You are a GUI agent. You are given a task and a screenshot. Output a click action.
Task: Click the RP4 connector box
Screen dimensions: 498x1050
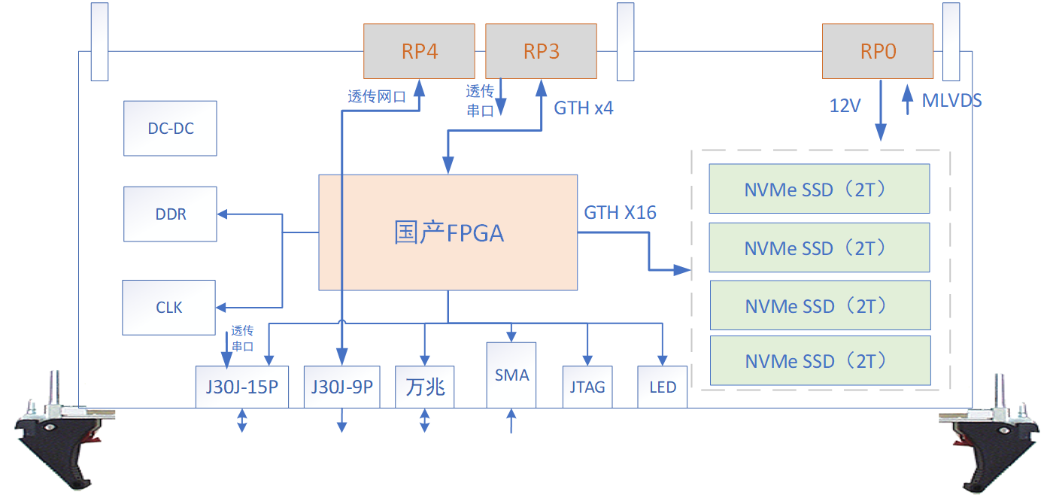click(419, 51)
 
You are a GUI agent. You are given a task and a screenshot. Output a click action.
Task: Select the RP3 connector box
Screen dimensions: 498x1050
click(541, 51)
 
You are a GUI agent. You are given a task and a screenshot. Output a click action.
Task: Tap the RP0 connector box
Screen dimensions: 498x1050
click(877, 51)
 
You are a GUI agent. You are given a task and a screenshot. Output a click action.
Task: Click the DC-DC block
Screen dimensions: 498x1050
click(170, 129)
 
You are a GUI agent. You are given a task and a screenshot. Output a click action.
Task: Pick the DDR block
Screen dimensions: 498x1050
click(170, 214)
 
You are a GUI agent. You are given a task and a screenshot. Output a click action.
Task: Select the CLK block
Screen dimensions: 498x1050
click(168, 308)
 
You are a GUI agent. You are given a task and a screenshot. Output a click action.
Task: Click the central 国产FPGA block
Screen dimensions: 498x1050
click(448, 232)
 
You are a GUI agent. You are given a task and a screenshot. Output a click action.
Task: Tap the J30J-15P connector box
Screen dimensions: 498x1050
click(241, 387)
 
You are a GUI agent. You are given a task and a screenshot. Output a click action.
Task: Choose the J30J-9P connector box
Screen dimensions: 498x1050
click(341, 387)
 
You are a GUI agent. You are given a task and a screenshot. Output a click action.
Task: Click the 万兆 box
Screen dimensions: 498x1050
click(424, 387)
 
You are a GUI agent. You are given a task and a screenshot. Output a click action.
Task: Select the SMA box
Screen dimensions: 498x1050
click(511, 375)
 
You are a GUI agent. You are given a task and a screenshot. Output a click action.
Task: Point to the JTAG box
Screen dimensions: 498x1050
click(587, 387)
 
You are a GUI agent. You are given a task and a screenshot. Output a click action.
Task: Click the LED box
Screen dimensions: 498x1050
click(662, 387)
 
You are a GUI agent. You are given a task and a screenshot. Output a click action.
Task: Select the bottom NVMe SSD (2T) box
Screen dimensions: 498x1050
click(820, 361)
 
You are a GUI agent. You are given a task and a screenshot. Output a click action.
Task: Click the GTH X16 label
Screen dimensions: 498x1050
click(620, 213)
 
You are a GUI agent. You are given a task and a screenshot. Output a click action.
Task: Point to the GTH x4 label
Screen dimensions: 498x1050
click(583, 108)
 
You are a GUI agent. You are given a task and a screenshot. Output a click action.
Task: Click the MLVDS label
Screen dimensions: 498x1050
click(951, 101)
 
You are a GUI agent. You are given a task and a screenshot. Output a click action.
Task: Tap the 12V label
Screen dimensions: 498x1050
click(845, 106)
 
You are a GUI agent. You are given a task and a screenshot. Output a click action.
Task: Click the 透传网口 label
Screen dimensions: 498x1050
click(376, 96)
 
